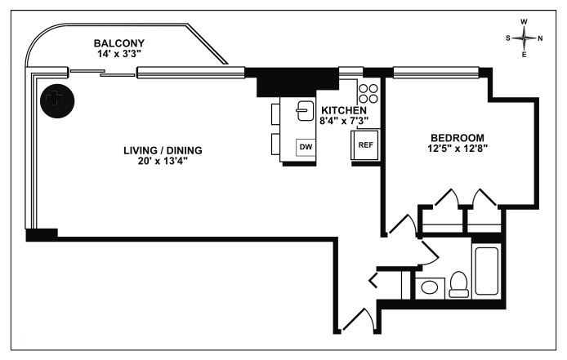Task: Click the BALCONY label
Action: (118, 43)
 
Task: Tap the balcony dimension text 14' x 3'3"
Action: (118, 54)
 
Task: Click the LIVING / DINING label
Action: (163, 150)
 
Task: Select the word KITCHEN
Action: (344, 110)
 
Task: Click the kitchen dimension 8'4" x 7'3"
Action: (344, 121)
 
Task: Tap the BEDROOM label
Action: (457, 137)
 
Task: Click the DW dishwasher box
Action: (306, 147)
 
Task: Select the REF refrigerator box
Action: (366, 146)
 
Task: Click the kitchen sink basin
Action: (303, 109)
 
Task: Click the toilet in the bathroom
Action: (458, 283)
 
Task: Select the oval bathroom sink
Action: (427, 287)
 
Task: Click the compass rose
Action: (524, 38)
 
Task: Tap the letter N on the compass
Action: (540, 38)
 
